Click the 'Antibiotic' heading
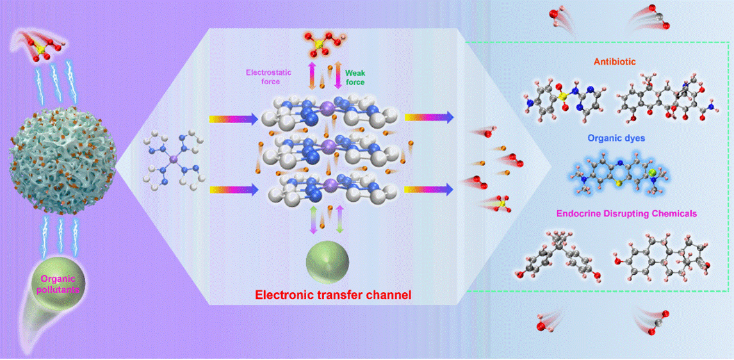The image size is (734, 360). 616,62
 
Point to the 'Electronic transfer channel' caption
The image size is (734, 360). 333,295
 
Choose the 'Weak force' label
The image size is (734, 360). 355,77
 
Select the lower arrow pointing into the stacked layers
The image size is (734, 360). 234,190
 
